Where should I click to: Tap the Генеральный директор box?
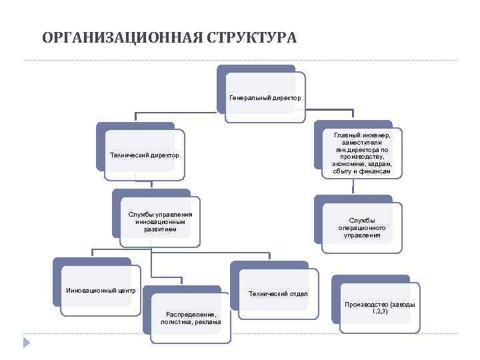pos(265,98)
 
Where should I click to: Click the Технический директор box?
pos(145,156)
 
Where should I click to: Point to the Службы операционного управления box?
pos(362,227)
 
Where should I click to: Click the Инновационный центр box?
pos(101,291)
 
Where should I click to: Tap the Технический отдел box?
pos(278,293)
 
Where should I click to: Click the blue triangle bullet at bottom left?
pos(27,343)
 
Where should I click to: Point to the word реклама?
pos(209,322)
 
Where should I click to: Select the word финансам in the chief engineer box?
pos(375,171)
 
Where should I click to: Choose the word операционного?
pos(362,228)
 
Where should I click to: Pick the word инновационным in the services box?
pos(161,222)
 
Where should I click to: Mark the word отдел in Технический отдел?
pos(297,293)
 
